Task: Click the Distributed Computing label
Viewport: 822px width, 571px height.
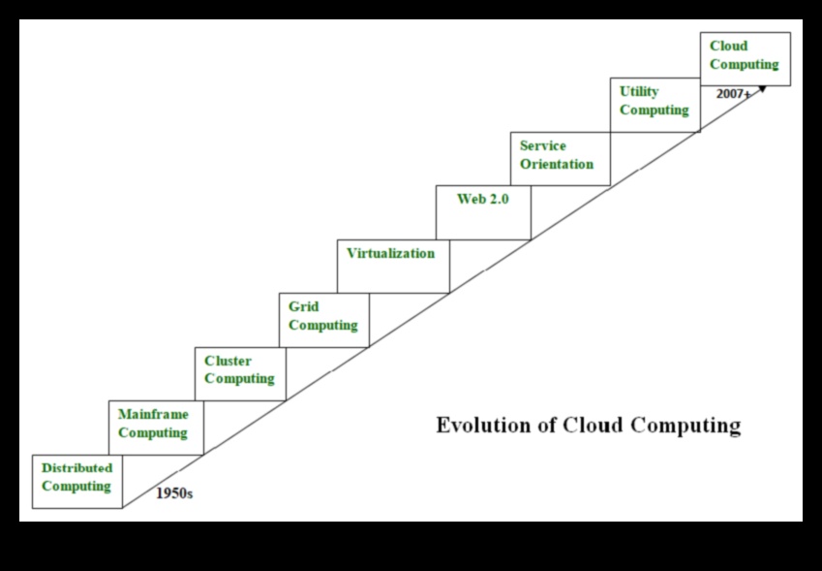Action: click(76, 477)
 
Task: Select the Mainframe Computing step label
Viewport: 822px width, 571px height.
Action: click(153, 424)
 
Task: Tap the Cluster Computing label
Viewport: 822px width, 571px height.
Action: click(239, 370)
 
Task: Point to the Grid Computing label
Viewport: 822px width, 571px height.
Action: click(322, 316)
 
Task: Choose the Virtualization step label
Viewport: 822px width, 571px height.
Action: click(390, 253)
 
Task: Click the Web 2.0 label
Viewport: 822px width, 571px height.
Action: click(482, 199)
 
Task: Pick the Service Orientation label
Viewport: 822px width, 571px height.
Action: click(556, 155)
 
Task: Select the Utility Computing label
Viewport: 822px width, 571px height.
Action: click(654, 101)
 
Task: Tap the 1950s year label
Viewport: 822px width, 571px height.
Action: click(174, 493)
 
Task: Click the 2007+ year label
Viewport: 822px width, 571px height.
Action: click(733, 94)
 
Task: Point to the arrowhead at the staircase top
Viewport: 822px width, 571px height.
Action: click(762, 88)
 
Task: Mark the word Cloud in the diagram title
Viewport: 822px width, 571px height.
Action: click(593, 426)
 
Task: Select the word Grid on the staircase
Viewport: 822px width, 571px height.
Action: click(303, 307)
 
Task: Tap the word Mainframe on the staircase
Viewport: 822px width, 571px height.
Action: click(153, 415)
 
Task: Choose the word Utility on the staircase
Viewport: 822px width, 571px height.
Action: click(639, 91)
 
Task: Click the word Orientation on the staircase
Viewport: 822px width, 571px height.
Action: click(556, 165)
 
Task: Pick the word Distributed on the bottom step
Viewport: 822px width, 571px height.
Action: click(76, 468)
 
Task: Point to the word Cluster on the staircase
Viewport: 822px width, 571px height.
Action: click(228, 362)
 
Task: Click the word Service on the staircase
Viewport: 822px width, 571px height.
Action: click(542, 146)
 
